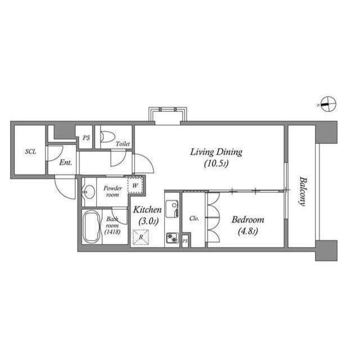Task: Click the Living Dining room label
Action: pos(216,151)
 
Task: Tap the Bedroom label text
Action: pos(248,219)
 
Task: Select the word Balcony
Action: pos(303,192)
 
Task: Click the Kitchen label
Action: pos(147,209)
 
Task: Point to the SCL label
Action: pos(30,152)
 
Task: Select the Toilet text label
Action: pos(123,144)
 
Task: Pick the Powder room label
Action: pos(114,191)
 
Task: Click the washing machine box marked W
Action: pos(136,185)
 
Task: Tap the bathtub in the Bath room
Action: pos(91,227)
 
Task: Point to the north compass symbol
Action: pos(328,103)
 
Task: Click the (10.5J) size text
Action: pos(216,164)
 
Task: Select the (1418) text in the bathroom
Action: pos(111,232)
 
